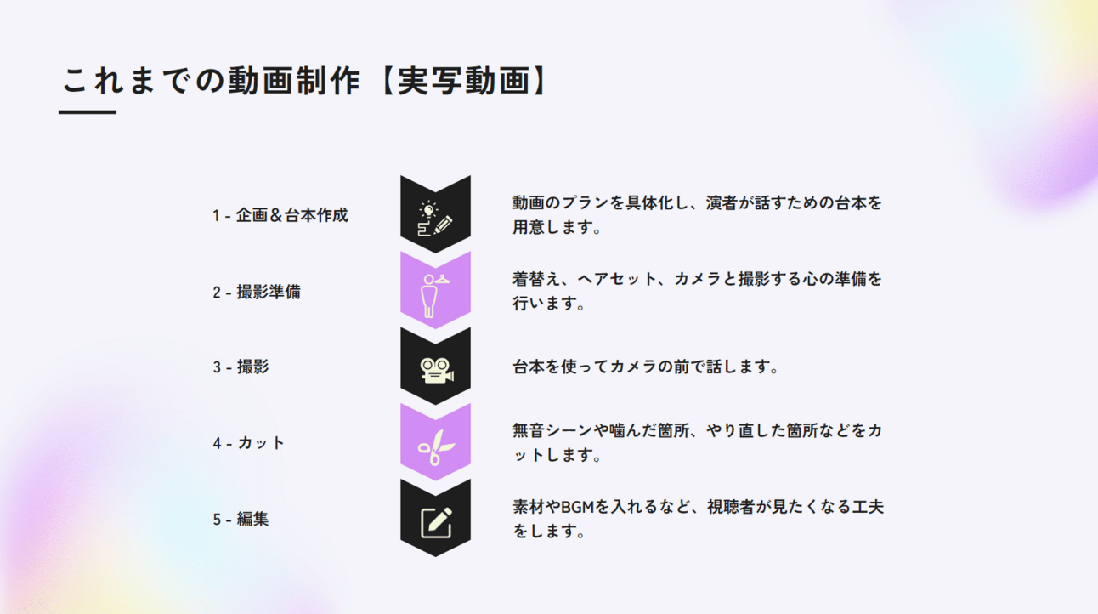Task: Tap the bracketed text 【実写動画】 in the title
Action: click(464, 82)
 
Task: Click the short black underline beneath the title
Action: click(88, 111)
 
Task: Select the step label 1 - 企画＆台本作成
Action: click(280, 215)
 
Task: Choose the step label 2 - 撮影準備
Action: click(257, 292)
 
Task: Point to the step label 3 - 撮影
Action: click(241, 367)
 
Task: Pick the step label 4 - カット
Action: click(249, 442)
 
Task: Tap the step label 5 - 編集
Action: click(241, 518)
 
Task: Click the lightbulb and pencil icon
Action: click(435, 218)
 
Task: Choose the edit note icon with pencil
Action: click(435, 521)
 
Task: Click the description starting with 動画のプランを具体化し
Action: click(697, 215)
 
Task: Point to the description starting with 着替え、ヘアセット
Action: click(697, 291)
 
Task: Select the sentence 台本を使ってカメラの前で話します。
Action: click(646, 367)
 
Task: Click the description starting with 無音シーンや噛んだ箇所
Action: click(697, 442)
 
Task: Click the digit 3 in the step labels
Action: click(217, 367)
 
